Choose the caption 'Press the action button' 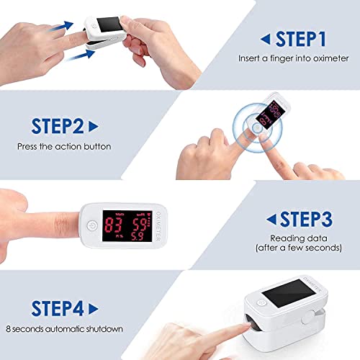65,146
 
